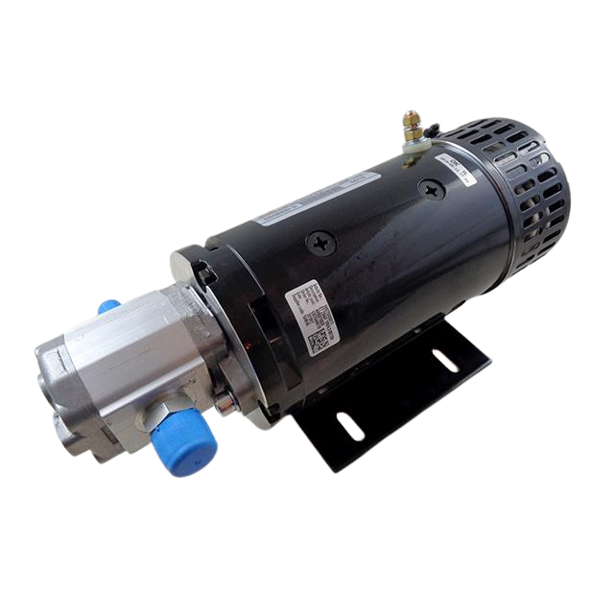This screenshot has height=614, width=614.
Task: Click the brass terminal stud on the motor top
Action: (412, 123)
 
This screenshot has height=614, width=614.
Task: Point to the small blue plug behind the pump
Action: (109, 308)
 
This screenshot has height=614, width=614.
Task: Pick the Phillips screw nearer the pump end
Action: (321, 243)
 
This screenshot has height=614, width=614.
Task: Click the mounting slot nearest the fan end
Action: (445, 361)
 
